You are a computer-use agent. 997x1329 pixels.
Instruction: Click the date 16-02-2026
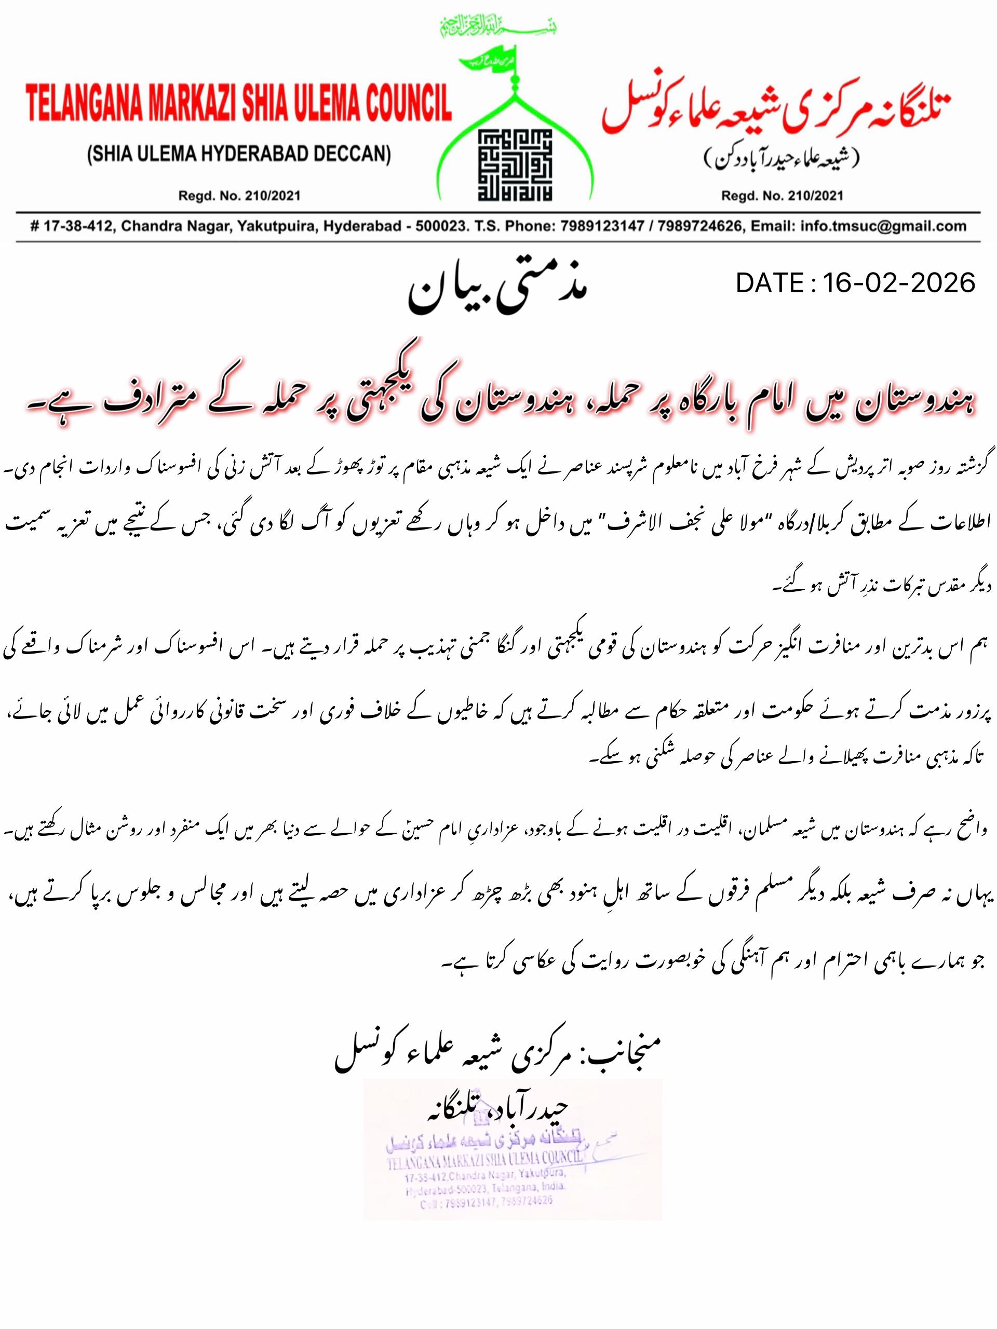click(898, 283)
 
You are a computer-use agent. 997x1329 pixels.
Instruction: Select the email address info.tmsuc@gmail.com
click(883, 226)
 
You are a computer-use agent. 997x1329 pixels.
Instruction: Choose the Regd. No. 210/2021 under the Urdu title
click(782, 196)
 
